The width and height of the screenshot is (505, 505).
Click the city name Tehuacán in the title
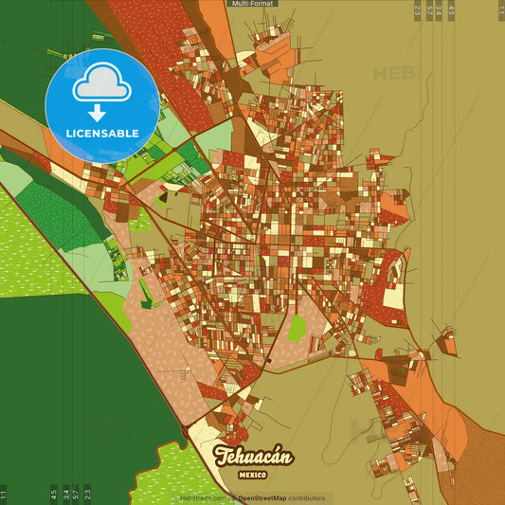click(x=253, y=456)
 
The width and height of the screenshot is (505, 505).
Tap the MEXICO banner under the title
click(x=253, y=472)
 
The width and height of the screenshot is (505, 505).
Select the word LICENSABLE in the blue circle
click(x=101, y=134)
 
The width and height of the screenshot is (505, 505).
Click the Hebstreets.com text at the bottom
click(x=203, y=497)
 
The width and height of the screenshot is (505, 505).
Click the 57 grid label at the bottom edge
click(x=76, y=494)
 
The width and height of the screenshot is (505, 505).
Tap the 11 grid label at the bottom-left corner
click(x=4, y=494)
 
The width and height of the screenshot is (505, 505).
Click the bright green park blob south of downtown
click(x=297, y=330)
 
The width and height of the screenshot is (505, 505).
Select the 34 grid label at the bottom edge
click(x=64, y=494)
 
